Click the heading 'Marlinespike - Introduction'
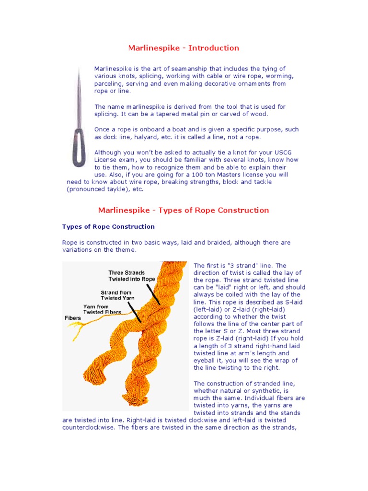click(184, 48)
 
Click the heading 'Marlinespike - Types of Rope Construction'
click(184, 210)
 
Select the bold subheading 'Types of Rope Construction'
click(108, 226)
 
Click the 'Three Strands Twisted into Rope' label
click(131, 276)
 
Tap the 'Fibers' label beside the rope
click(73, 318)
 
